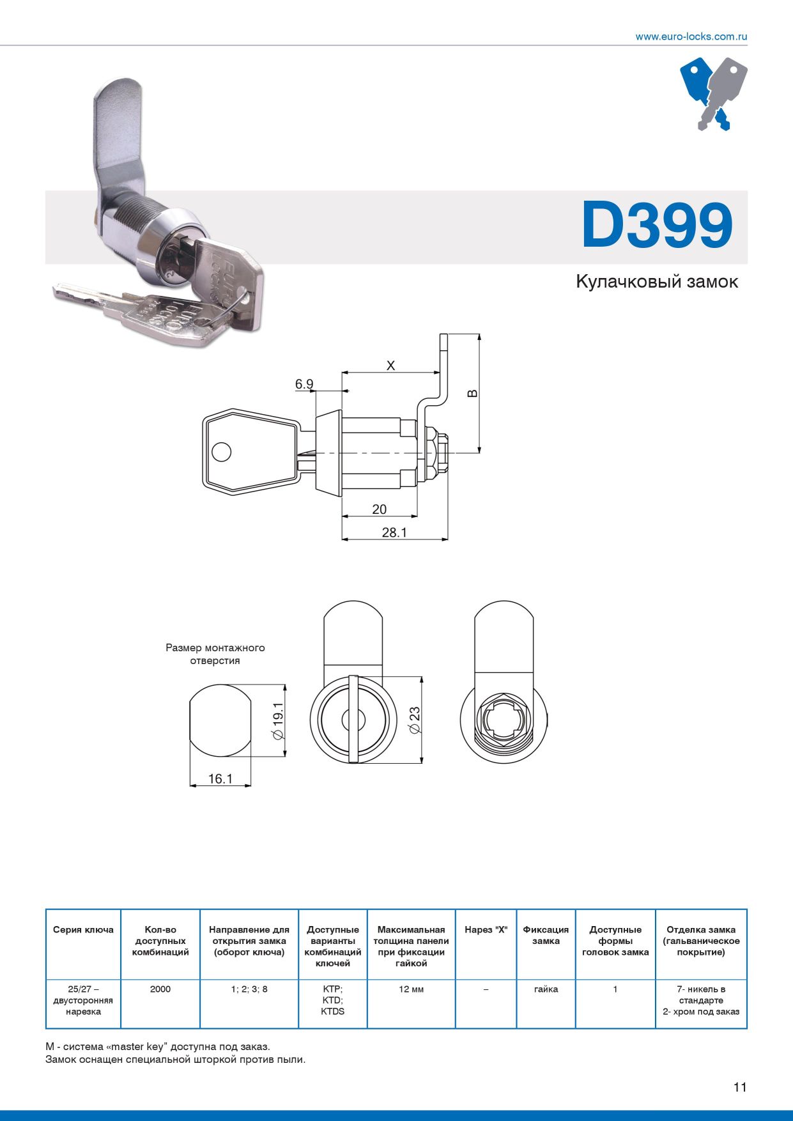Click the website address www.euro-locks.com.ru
691,36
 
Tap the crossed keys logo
713,93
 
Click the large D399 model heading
657,226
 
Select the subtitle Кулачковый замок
656,282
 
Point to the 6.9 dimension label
304,384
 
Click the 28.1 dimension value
394,532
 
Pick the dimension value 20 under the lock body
379,509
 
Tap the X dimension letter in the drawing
391,366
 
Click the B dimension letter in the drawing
472,393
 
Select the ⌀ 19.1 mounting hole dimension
278,721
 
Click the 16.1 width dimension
220,779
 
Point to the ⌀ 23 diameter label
415,720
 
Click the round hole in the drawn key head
221,452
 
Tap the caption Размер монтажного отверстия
215,654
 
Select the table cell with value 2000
160,989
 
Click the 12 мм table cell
411,989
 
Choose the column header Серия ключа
83,930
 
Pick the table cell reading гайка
546,989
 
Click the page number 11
740,1087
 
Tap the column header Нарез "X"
486,930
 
